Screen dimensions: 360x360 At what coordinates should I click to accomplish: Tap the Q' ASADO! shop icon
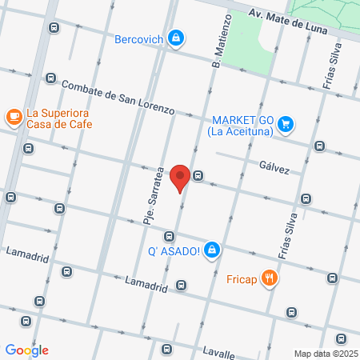tap(211, 250)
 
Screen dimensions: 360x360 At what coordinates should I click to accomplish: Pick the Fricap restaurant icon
tap(271, 278)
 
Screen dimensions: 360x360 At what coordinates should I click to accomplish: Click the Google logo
tap(26, 350)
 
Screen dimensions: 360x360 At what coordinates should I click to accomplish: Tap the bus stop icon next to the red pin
tap(198, 175)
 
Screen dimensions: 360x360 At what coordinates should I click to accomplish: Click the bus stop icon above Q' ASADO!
tap(169, 236)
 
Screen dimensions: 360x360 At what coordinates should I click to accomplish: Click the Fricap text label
tap(242, 278)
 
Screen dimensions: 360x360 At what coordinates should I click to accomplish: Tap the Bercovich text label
tap(138, 38)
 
